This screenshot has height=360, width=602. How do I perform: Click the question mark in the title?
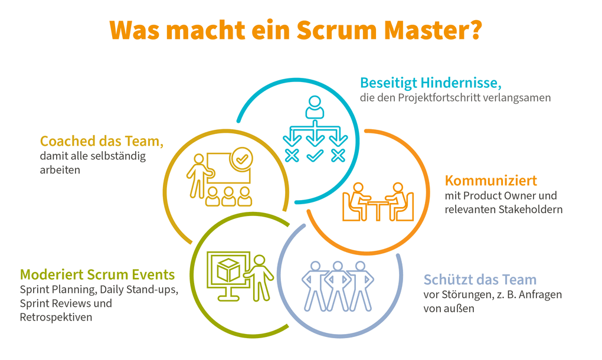click(x=474, y=30)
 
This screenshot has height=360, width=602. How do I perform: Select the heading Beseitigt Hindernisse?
click(x=430, y=82)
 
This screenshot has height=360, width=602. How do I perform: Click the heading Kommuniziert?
click(x=490, y=180)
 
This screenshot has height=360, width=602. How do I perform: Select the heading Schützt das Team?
click(x=480, y=279)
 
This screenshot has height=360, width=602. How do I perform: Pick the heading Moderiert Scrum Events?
click(x=97, y=274)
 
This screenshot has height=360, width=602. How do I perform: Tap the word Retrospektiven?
click(x=55, y=318)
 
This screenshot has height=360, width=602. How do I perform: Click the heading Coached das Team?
click(x=102, y=142)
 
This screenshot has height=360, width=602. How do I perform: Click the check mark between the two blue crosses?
click(x=315, y=155)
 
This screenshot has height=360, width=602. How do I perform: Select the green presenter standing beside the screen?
click(x=260, y=277)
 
